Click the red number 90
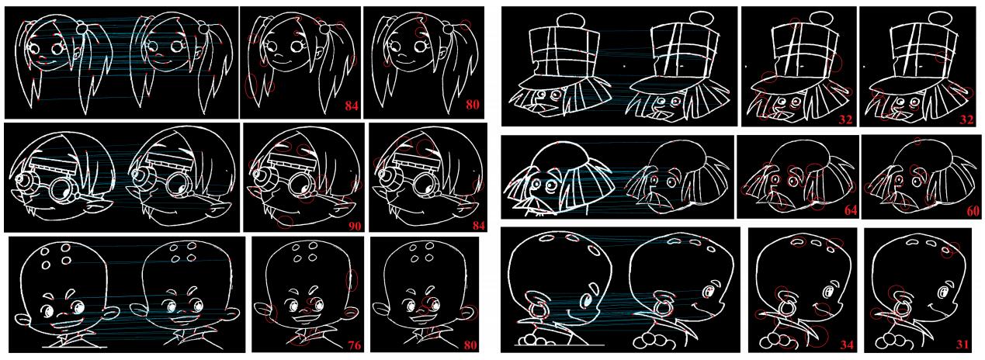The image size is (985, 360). [355, 226]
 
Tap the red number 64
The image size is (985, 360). [851, 210]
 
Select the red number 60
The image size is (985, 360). [973, 211]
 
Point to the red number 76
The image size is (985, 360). [355, 345]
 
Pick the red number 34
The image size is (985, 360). [847, 345]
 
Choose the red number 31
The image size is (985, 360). [962, 344]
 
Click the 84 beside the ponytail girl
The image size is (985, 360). [352, 106]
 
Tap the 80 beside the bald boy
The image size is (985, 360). [470, 345]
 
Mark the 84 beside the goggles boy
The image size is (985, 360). [478, 226]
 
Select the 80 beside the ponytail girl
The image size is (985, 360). [472, 105]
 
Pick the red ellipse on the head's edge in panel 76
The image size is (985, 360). [352, 280]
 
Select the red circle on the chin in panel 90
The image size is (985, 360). [285, 221]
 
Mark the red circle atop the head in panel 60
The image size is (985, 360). [917, 141]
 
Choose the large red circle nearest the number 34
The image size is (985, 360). [817, 337]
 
